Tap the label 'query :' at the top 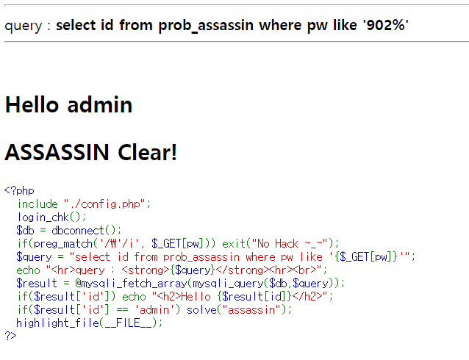[28, 26]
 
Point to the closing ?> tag [10, 336]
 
